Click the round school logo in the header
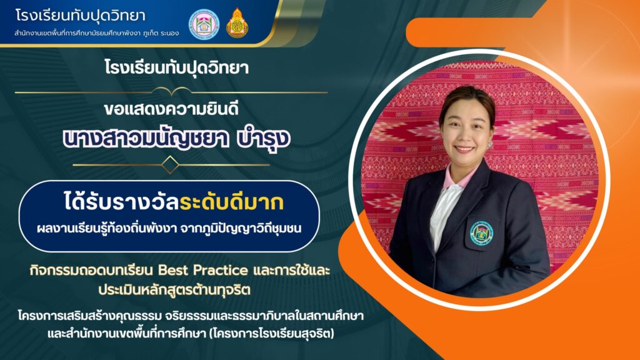point(204,24)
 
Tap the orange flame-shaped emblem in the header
point(237,23)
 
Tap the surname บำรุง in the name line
point(264,139)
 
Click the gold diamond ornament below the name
point(170,165)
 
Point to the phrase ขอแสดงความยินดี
point(171,109)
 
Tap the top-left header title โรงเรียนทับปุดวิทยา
point(81,16)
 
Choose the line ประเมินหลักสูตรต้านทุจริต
point(174,290)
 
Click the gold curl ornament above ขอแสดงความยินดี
point(171,92)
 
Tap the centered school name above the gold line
point(176,67)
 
